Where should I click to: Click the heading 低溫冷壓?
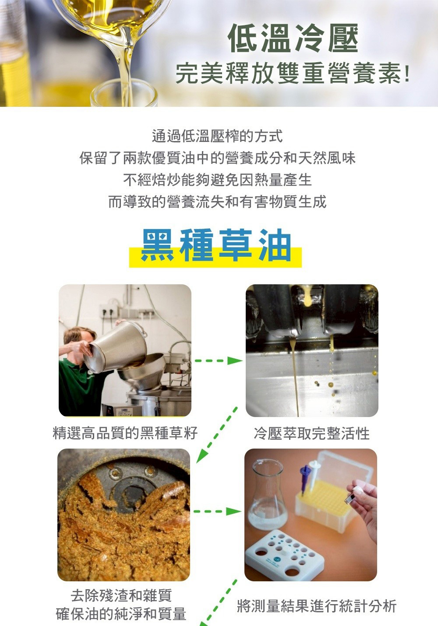click(293, 38)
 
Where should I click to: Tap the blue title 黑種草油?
click(215, 245)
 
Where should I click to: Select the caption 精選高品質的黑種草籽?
click(125, 433)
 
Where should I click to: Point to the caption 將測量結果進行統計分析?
click(317, 606)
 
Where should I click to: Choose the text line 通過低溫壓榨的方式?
click(217, 136)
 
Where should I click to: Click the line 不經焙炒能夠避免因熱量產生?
click(217, 180)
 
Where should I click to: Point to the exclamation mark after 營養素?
click(407, 74)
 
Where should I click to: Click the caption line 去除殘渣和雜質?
click(121, 595)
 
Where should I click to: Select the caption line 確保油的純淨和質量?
click(121, 614)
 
